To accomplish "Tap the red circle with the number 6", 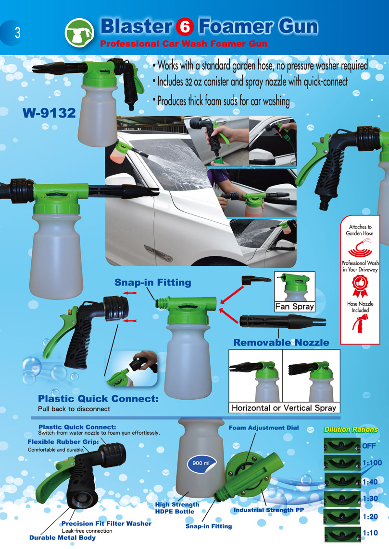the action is click(x=185, y=27).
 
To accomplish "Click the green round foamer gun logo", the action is click(x=80, y=33).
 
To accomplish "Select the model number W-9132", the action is click(x=49, y=113).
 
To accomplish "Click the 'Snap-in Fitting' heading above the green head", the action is click(x=153, y=283).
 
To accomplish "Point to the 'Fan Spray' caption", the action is click(x=295, y=307).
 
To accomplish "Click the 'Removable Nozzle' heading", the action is click(x=281, y=343).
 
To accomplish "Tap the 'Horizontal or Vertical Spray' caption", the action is click(x=284, y=408).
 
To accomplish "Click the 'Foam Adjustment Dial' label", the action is click(x=264, y=428).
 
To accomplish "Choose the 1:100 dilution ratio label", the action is click(x=372, y=463).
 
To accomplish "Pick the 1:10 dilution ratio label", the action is click(x=370, y=533).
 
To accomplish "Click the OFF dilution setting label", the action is click(x=369, y=446).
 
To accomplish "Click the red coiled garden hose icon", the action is click(x=360, y=248).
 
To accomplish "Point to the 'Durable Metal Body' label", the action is click(x=63, y=538).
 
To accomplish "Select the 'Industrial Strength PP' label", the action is click(x=269, y=510).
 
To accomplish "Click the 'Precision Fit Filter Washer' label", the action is click(x=107, y=524).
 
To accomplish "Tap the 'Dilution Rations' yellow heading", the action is click(x=351, y=430).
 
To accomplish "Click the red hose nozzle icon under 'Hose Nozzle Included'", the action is click(x=359, y=323).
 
